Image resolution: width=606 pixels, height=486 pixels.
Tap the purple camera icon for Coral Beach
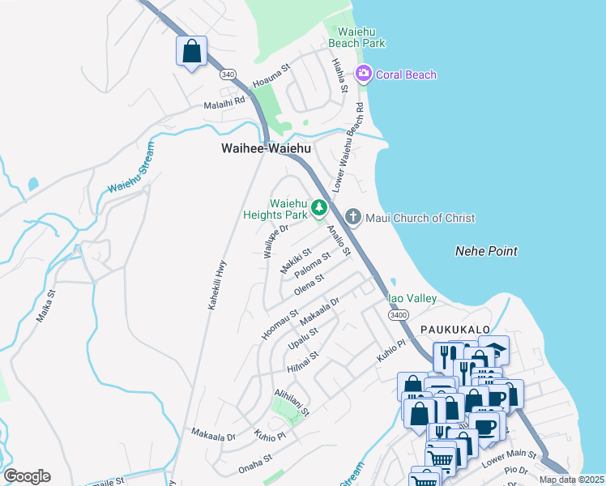364,75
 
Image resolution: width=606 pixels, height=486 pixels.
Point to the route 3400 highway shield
398,314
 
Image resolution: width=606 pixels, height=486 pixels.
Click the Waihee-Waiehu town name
266,149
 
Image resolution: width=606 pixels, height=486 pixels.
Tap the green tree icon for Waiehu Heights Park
320,208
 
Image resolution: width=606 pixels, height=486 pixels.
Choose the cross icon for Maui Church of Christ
352,216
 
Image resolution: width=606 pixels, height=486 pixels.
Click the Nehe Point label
486,252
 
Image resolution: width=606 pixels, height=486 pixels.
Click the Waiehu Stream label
130,167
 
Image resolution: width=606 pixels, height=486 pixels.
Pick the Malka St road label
45,306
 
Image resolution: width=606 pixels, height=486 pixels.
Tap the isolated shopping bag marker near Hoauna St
190,52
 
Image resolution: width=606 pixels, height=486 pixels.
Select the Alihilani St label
292,400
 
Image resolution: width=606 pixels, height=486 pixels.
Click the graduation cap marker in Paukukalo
493,349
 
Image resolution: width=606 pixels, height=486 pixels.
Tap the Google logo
27,476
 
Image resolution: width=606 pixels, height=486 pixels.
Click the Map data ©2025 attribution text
571,480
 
